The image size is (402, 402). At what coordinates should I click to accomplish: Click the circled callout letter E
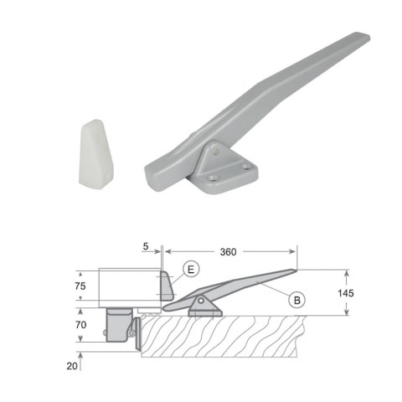(191, 269)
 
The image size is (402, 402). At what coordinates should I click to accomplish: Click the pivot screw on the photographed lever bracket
(215, 152)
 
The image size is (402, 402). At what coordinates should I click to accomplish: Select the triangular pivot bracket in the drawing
(204, 306)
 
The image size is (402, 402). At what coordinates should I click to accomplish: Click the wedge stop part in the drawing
(166, 286)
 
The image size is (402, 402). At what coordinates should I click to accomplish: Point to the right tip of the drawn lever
(293, 271)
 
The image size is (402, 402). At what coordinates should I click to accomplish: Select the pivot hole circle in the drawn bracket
(201, 301)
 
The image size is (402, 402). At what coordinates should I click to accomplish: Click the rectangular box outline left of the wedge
(128, 286)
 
